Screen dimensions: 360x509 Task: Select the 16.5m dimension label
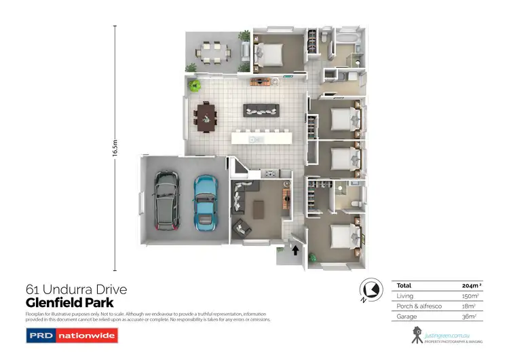pyautogui.click(x=115, y=147)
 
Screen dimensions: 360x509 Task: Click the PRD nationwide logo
pyautogui.click(x=72, y=335)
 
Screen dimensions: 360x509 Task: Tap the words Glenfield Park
pyautogui.click(x=69, y=303)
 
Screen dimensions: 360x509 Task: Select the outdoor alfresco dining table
pyautogui.click(x=209, y=52)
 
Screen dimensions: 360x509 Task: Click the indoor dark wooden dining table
pyautogui.click(x=205, y=117)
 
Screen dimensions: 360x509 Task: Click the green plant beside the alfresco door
pyautogui.click(x=195, y=86)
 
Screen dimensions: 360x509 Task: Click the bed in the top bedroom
pyautogui.click(x=270, y=51)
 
